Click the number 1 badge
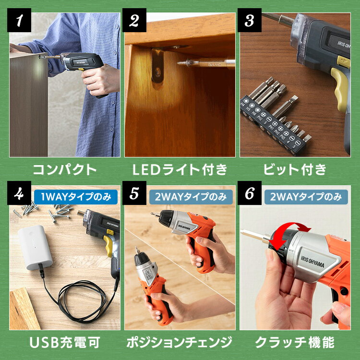[19, 20]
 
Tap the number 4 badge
[19, 193]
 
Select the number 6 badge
[249, 193]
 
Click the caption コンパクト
[64, 169]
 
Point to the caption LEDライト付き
[180, 169]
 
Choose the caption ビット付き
[295, 169]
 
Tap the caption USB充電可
[64, 342]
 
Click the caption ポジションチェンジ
[180, 342]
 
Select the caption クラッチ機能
[295, 342]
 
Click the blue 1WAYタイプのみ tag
[76, 197]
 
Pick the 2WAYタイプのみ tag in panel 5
[191, 197]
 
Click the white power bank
[35, 247]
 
